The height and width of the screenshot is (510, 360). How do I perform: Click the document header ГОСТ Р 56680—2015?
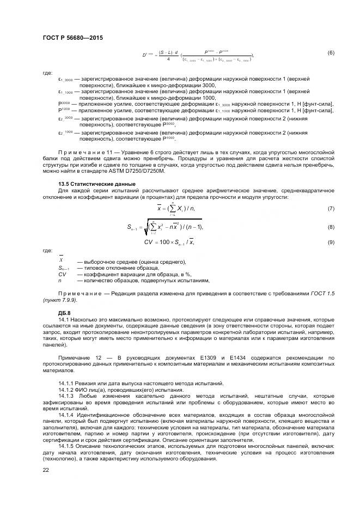pos(72,37)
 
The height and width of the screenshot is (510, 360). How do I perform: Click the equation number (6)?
pos(331,53)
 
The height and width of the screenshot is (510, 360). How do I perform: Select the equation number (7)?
pos(331,209)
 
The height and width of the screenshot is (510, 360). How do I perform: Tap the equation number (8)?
pos(331,227)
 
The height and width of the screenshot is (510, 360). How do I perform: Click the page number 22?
pos(46,469)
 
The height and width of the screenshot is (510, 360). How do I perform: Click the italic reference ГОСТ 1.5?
pos(323,294)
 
